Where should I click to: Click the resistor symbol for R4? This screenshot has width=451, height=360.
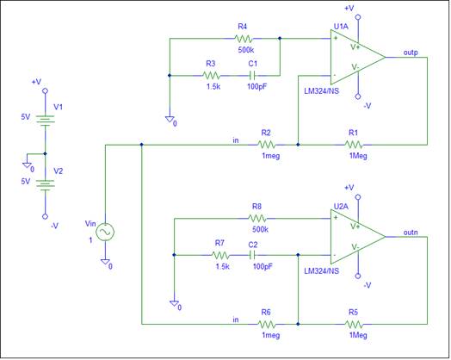tap(244, 39)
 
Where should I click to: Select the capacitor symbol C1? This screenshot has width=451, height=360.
tap(253, 76)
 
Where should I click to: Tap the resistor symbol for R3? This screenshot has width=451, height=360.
tap(212, 76)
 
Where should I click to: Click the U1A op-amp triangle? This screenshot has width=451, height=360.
tap(358, 57)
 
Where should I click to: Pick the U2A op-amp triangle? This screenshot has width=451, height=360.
tap(358, 237)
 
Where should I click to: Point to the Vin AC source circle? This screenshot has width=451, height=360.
tap(105, 233)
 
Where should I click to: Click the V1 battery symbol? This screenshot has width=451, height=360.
tap(45, 121)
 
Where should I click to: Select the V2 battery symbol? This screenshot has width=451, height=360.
tap(45, 185)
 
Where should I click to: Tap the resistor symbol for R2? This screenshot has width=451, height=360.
tap(267, 145)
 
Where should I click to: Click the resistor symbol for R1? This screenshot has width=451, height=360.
tap(354, 145)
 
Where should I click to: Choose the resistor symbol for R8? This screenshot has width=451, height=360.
tap(257, 219)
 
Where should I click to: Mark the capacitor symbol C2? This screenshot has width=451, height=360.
tap(253, 255)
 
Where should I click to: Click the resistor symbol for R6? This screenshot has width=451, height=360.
tap(267, 325)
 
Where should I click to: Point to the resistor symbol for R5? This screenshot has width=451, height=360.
tap(354, 325)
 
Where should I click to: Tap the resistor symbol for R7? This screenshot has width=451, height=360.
tap(220, 255)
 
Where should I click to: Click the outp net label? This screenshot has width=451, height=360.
tap(411, 53)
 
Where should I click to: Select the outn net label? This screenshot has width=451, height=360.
tap(411, 233)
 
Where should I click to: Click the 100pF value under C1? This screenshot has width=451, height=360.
tap(257, 86)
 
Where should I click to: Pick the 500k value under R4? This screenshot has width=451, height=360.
tap(246, 50)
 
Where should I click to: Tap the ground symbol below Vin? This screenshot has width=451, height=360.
tap(105, 262)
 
